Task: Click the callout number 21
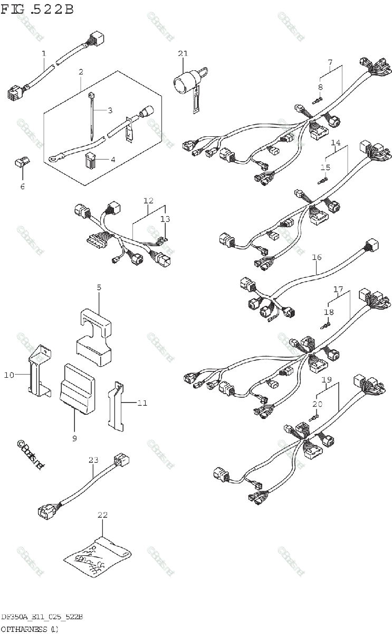coord(183,53)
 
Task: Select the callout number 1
coord(44,53)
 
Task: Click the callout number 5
coord(99,288)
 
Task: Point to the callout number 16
coord(317,258)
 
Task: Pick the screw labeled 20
coord(315,417)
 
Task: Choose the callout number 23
coord(93,460)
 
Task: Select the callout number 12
coord(148,201)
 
